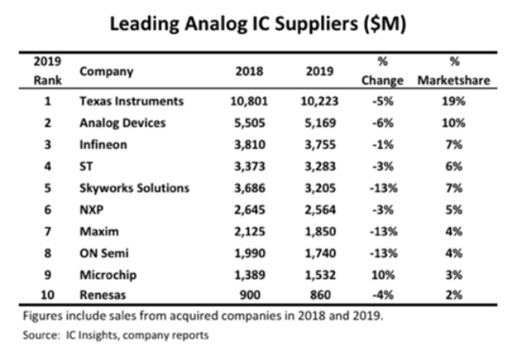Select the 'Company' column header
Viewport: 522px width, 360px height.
pyautogui.click(x=106, y=70)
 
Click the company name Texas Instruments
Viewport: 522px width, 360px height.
pyautogui.click(x=132, y=101)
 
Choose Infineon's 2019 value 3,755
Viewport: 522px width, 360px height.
pyautogui.click(x=320, y=145)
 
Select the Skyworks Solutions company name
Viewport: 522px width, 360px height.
pyautogui.click(x=134, y=188)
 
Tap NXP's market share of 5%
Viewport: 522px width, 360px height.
pyautogui.click(x=457, y=209)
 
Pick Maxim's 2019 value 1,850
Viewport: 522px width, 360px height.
pyautogui.click(x=320, y=231)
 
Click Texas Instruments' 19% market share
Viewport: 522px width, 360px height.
pyautogui.click(x=457, y=101)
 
